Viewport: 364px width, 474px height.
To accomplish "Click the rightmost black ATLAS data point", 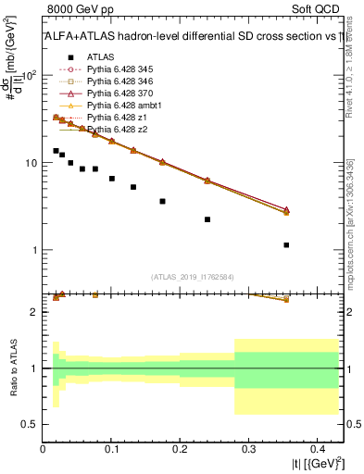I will pos(286,245).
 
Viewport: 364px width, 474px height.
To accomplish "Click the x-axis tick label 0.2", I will pos(180,449).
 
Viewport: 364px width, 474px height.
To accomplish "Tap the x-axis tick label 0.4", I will pos(316,449).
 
